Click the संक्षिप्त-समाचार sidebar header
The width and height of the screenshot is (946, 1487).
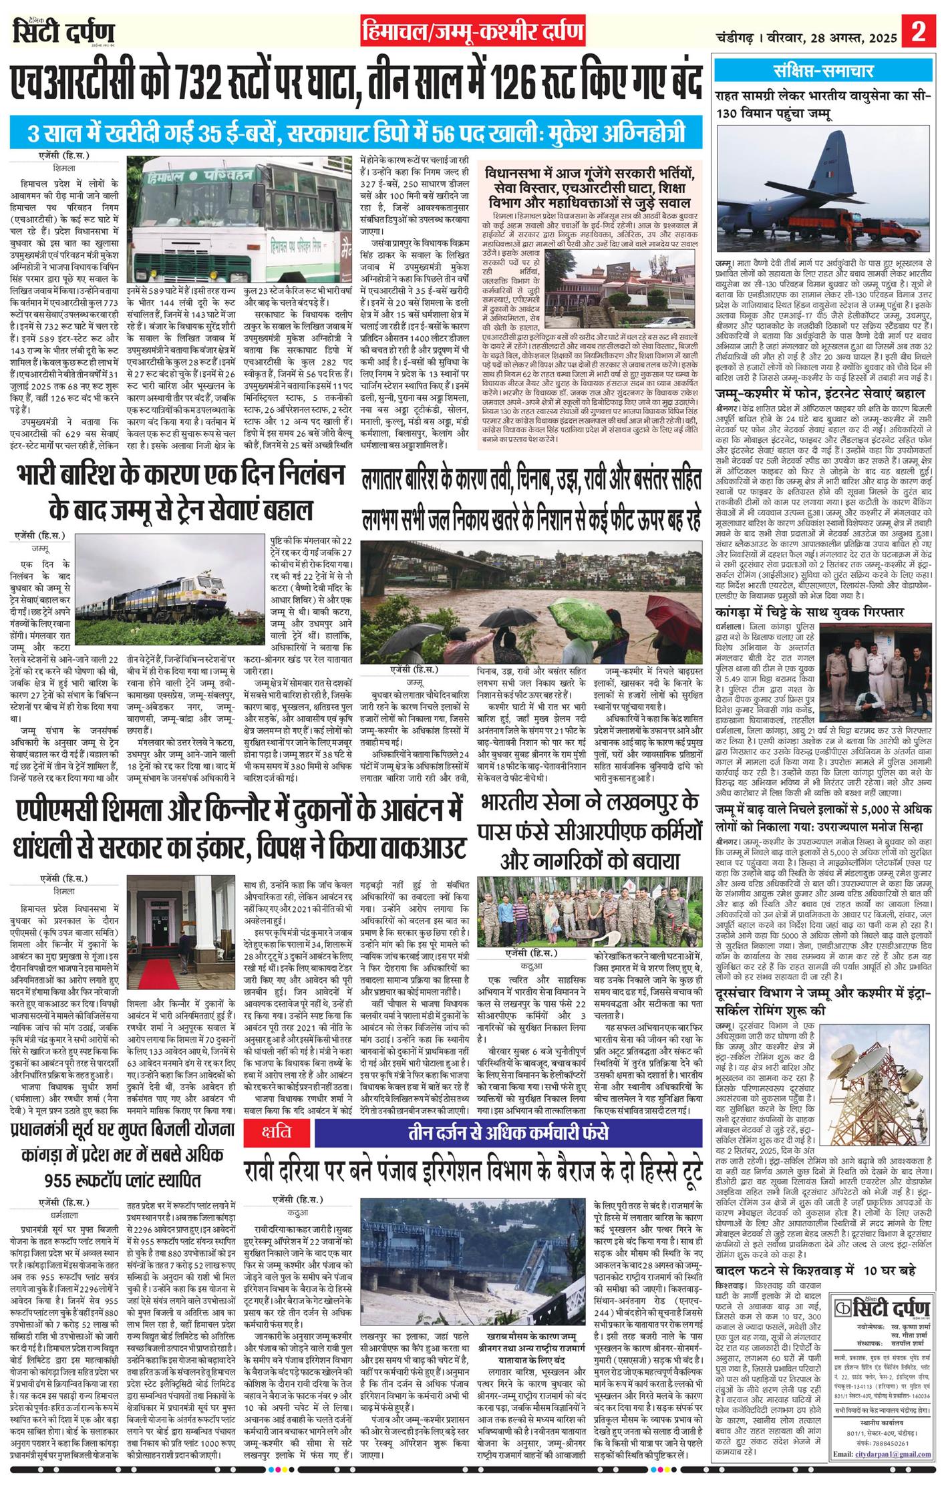[x=822, y=70]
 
